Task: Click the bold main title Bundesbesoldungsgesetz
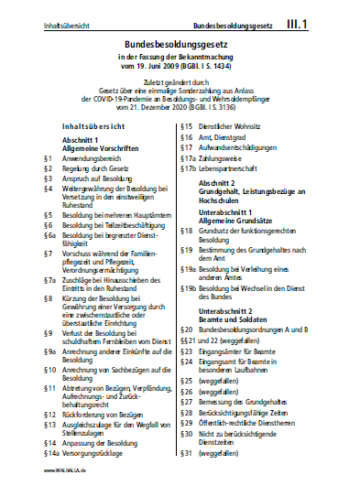180,42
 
